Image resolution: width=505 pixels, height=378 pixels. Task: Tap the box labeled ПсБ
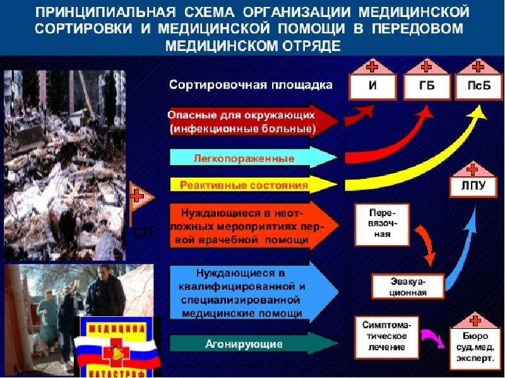coord(478,88)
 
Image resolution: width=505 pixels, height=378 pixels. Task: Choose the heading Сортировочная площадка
coord(251,86)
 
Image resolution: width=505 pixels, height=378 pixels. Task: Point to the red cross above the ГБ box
coord(427,66)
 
